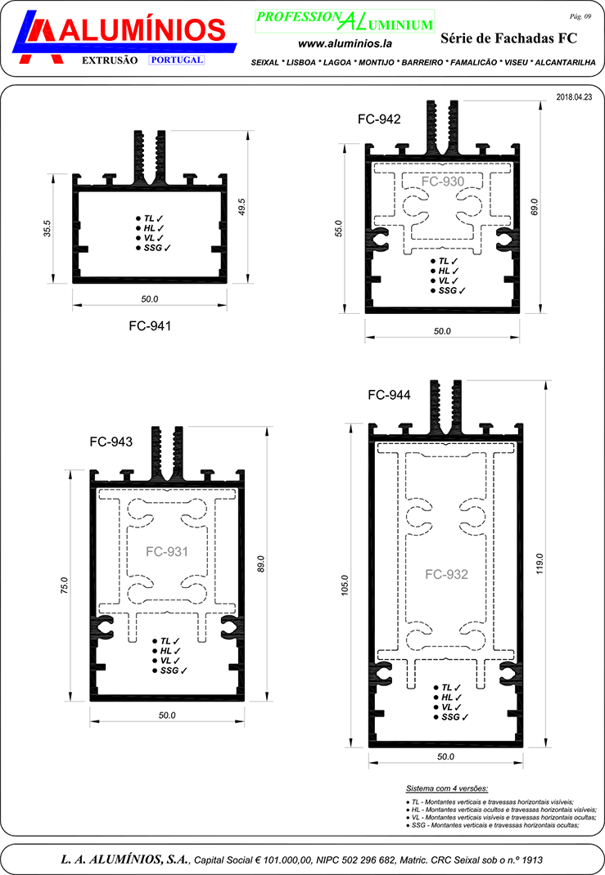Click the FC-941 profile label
click(150, 325)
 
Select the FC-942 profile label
click(379, 119)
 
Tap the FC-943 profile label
click(111, 442)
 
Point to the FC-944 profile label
click(389, 395)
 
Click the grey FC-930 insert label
click(443, 182)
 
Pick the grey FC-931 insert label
click(167, 552)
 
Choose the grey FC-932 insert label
click(446, 575)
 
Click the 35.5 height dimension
click(47, 228)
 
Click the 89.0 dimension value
click(261, 564)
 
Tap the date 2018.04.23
click(574, 96)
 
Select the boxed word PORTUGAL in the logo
click(177, 60)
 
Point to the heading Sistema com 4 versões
click(447, 788)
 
